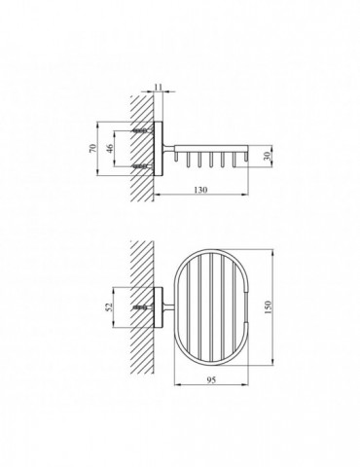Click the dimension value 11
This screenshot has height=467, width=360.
[158, 87]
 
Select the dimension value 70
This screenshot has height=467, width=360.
[92, 149]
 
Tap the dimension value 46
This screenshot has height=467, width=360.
[110, 149]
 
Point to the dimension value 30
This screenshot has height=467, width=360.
[268, 157]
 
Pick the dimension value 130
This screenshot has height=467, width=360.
[200, 190]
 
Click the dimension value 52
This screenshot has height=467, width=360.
[109, 306]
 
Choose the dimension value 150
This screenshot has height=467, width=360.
[268, 307]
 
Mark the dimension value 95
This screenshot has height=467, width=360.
[211, 380]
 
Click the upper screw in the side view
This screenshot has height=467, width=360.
[142, 131]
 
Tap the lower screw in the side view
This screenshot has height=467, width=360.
[142, 166]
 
